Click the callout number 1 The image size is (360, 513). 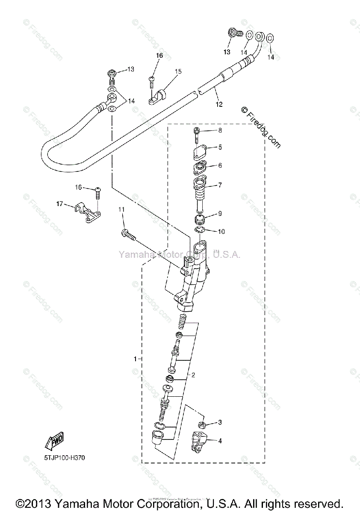click(135, 359)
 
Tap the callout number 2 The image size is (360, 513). click(193, 375)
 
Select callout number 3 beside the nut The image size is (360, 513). click(220, 422)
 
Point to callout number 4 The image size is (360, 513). click(220, 440)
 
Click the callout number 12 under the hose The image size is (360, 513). click(219, 104)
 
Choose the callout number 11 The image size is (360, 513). click(121, 209)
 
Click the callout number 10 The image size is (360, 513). click(221, 232)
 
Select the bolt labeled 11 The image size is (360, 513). click(128, 234)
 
